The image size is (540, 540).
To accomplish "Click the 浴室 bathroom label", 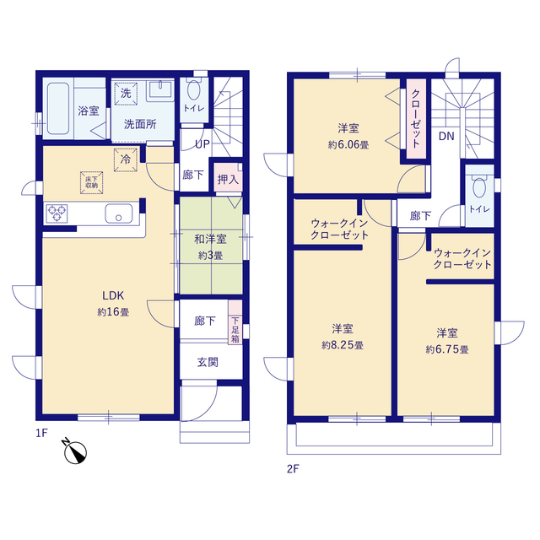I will [88, 111].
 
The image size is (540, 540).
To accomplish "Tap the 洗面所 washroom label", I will [140, 124].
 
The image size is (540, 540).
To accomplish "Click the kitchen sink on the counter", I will [119, 213].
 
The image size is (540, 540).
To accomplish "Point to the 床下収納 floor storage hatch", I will [90, 180].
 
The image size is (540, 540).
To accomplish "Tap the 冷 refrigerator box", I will [126, 158].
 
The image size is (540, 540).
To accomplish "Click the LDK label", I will [113, 296].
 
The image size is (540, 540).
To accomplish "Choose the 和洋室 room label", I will [210, 240].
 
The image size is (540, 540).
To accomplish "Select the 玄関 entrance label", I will [208, 363].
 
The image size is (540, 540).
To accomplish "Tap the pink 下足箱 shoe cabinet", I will [235, 330].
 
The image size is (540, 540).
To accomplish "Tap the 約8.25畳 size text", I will [342, 345].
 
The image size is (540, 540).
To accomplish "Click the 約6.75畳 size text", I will [446, 348].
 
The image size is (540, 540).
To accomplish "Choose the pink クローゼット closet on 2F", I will [416, 118].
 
